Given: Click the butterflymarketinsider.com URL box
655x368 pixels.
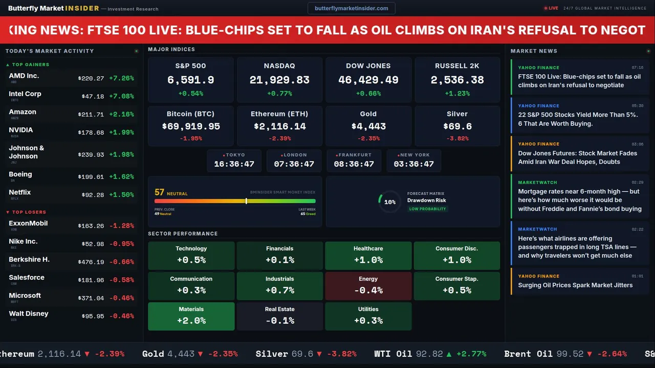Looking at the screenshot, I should [351, 8].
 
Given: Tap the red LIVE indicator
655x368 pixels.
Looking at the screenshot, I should [551, 8].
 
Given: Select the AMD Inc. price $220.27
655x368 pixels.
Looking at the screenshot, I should [91, 78].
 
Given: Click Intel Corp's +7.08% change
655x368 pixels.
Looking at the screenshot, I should [121, 96].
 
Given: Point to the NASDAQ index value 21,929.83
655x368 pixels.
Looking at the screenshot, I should [279, 80].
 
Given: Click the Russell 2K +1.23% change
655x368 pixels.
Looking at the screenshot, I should [457, 94].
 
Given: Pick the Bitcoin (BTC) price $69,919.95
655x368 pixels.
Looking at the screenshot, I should [191, 126].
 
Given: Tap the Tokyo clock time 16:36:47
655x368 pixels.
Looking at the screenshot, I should [234, 164].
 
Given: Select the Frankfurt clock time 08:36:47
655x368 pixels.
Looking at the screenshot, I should [354, 164].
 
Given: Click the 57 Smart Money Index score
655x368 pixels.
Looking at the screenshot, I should [159, 192].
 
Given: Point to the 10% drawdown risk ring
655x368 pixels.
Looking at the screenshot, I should [389, 202].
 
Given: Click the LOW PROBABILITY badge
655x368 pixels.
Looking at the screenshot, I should [427, 209].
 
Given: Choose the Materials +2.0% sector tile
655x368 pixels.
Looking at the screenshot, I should [191, 316].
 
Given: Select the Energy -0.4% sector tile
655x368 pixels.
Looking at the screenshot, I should [368, 286].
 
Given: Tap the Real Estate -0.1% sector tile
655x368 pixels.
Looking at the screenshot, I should [279, 316].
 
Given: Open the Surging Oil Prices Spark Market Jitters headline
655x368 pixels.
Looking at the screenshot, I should [575, 285].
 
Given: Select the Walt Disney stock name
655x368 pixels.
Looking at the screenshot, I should [29, 313].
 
